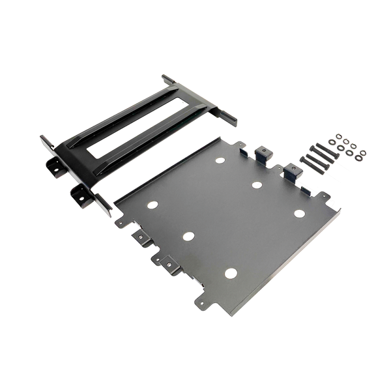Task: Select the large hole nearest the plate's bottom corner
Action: coord(229,274)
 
